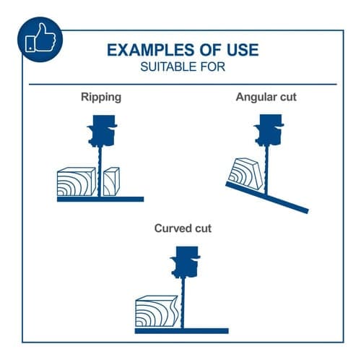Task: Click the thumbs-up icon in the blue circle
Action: [x=41, y=38]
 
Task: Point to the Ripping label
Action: [x=101, y=98]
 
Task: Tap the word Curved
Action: [x=173, y=228]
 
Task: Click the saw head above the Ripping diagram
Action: [x=102, y=131]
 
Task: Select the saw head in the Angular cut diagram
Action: [x=269, y=130]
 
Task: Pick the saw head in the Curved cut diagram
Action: [x=185, y=262]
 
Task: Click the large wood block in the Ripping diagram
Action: [x=76, y=181]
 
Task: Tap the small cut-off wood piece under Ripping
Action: [x=111, y=181]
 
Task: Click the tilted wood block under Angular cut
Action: [x=246, y=173]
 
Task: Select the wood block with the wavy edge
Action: [x=157, y=311]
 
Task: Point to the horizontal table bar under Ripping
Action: [x=100, y=200]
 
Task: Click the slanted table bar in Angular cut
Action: [x=267, y=197]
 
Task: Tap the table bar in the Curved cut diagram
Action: [x=182, y=331]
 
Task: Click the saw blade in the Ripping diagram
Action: [x=100, y=171]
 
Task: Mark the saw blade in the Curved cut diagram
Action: [x=183, y=302]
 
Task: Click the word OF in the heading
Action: [x=208, y=50]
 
